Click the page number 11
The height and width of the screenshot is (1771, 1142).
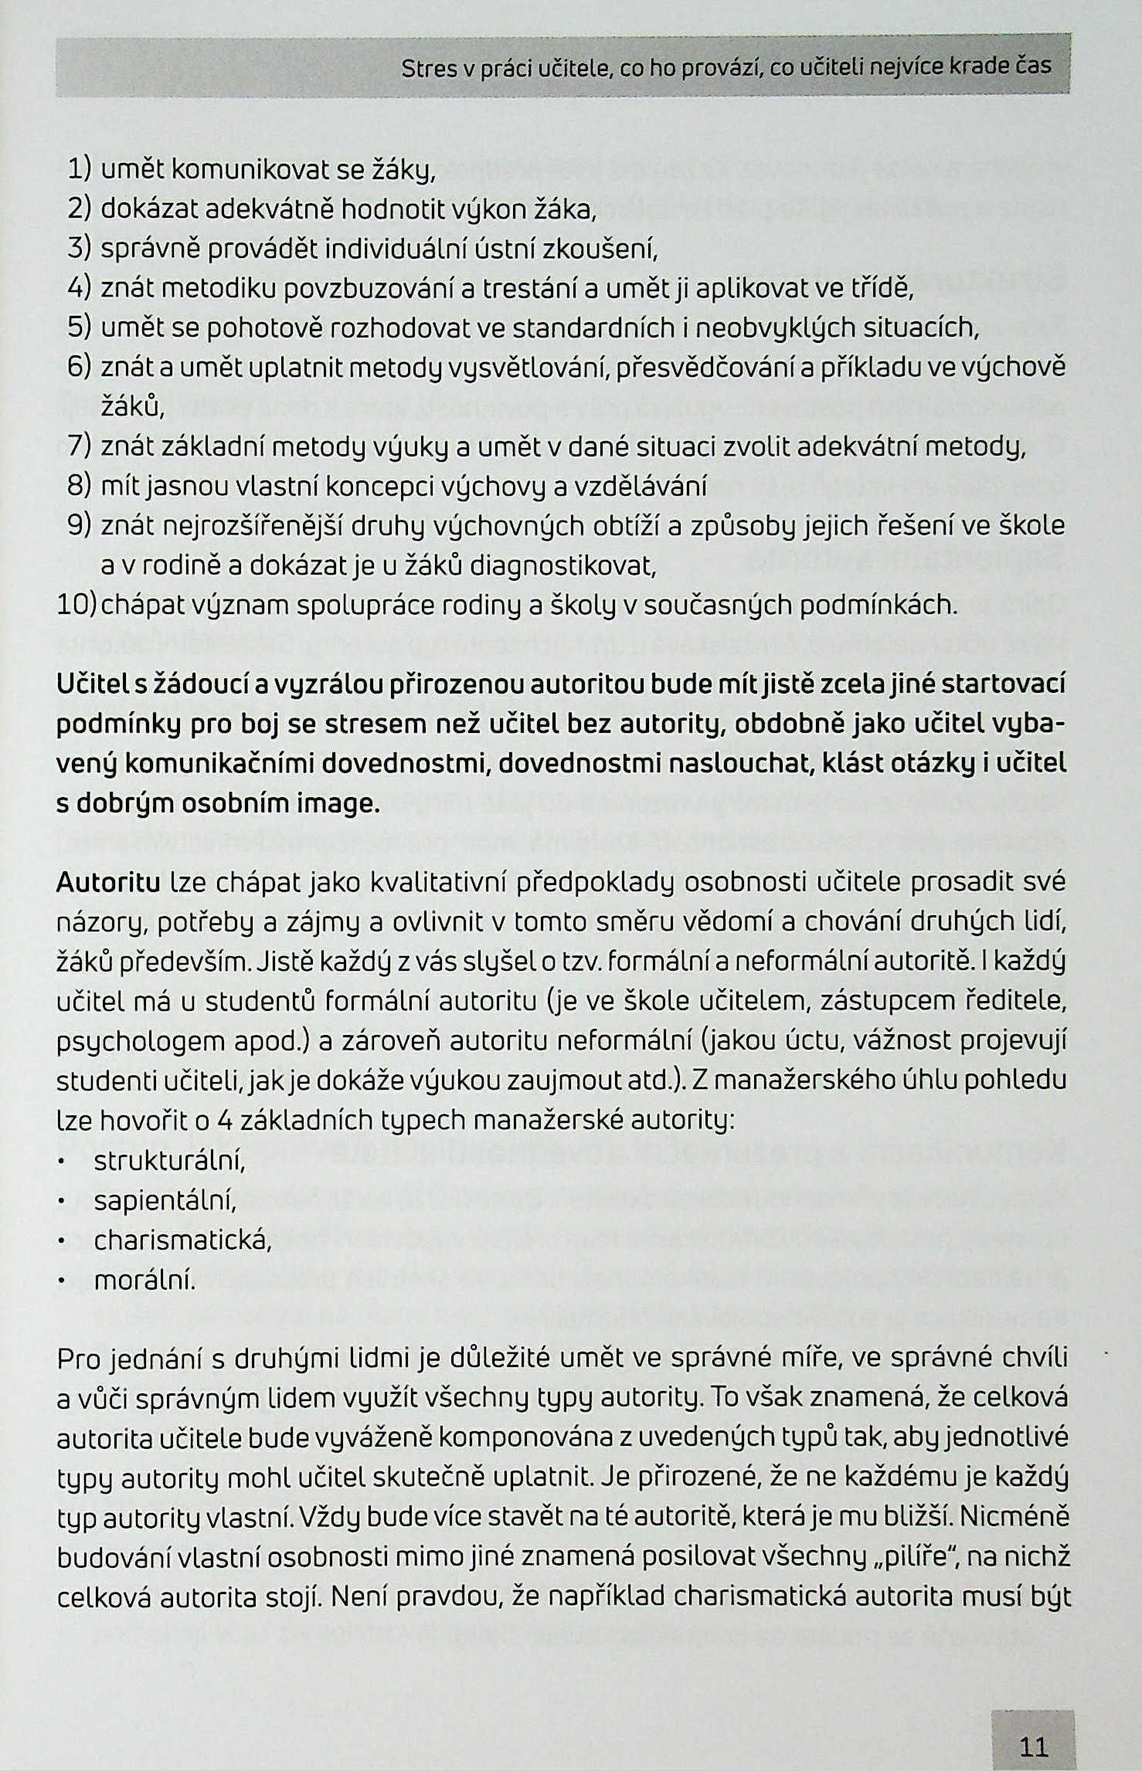(x=1033, y=1725)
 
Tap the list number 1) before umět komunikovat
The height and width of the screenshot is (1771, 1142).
(x=79, y=168)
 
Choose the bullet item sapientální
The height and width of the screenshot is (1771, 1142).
(x=165, y=1202)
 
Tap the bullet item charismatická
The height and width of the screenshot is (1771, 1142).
(x=183, y=1241)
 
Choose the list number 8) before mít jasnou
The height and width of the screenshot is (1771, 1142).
(x=80, y=486)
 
